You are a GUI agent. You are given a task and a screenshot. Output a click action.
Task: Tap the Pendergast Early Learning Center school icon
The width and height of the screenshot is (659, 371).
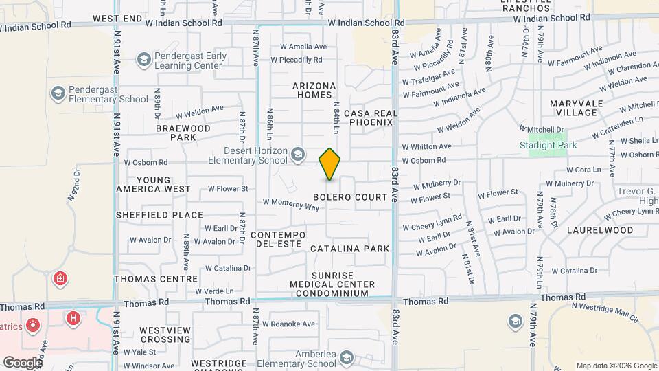(143, 60)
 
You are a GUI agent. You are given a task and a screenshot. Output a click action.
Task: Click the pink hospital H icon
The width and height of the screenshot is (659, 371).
(72, 318)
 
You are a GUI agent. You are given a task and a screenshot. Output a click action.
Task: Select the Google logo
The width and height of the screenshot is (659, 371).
(23, 363)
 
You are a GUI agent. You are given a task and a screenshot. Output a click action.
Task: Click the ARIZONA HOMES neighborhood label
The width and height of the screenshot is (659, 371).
(314, 91)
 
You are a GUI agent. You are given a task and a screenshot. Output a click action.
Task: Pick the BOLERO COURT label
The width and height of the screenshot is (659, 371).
(356, 197)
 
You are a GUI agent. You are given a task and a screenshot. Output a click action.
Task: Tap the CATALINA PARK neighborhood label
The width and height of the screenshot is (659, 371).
(350, 249)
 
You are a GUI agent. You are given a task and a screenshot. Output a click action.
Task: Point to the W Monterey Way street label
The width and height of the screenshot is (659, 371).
(291, 204)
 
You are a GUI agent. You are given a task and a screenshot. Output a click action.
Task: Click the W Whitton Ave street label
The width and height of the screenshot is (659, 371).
(426, 146)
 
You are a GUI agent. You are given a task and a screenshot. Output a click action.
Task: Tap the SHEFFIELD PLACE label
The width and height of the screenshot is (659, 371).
(159, 215)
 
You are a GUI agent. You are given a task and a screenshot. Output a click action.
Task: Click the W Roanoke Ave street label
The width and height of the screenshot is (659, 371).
(288, 324)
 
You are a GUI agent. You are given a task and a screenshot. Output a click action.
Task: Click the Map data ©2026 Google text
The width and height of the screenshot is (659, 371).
(616, 366)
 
